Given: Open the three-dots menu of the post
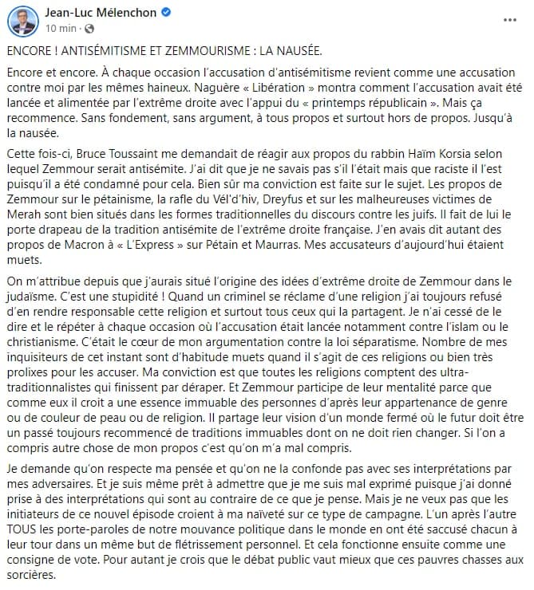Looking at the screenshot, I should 510,18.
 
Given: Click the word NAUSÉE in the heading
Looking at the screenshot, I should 295,50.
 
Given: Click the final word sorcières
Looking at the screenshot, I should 31,570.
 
